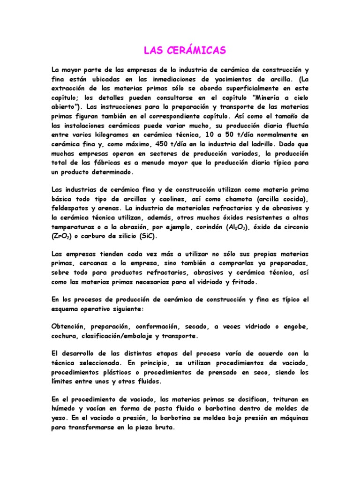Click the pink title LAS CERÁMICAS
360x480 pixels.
click(180, 50)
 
